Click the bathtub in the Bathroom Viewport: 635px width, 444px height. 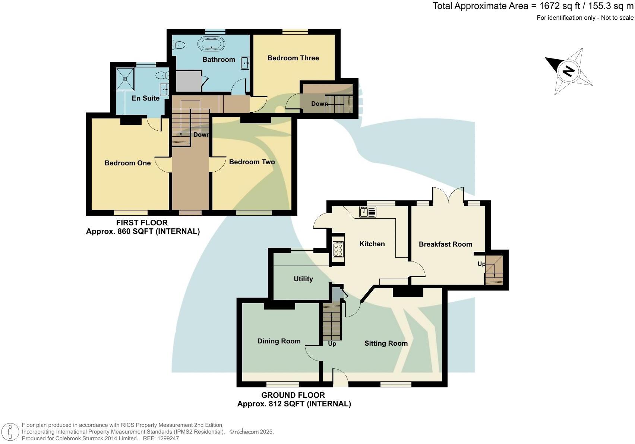pyautogui.click(x=211, y=44)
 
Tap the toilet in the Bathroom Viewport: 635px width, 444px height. pyautogui.click(x=179, y=45)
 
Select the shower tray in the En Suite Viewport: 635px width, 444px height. pyautogui.click(x=126, y=79)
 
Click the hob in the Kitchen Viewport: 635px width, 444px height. pyautogui.click(x=338, y=249)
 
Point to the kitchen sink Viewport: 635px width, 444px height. pyautogui.click(x=368, y=212)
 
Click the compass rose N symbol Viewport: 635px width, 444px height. pyautogui.click(x=568, y=71)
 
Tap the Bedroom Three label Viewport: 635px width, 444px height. pyautogui.click(x=293, y=58)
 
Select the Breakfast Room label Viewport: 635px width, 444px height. pyautogui.click(x=445, y=244)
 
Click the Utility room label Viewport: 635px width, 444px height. pyautogui.click(x=303, y=279)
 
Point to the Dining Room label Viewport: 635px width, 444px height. pyautogui.click(x=279, y=341)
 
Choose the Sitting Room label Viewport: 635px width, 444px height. pyautogui.click(x=386, y=343)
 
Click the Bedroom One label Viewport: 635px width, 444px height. pyautogui.click(x=127, y=163)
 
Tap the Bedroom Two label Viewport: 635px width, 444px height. pyautogui.click(x=252, y=162)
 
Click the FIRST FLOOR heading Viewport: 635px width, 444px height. pyautogui.click(x=142, y=223)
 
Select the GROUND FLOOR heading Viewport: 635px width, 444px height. pyautogui.click(x=293, y=395)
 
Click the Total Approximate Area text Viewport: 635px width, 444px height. pyautogui.click(x=533, y=6)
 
